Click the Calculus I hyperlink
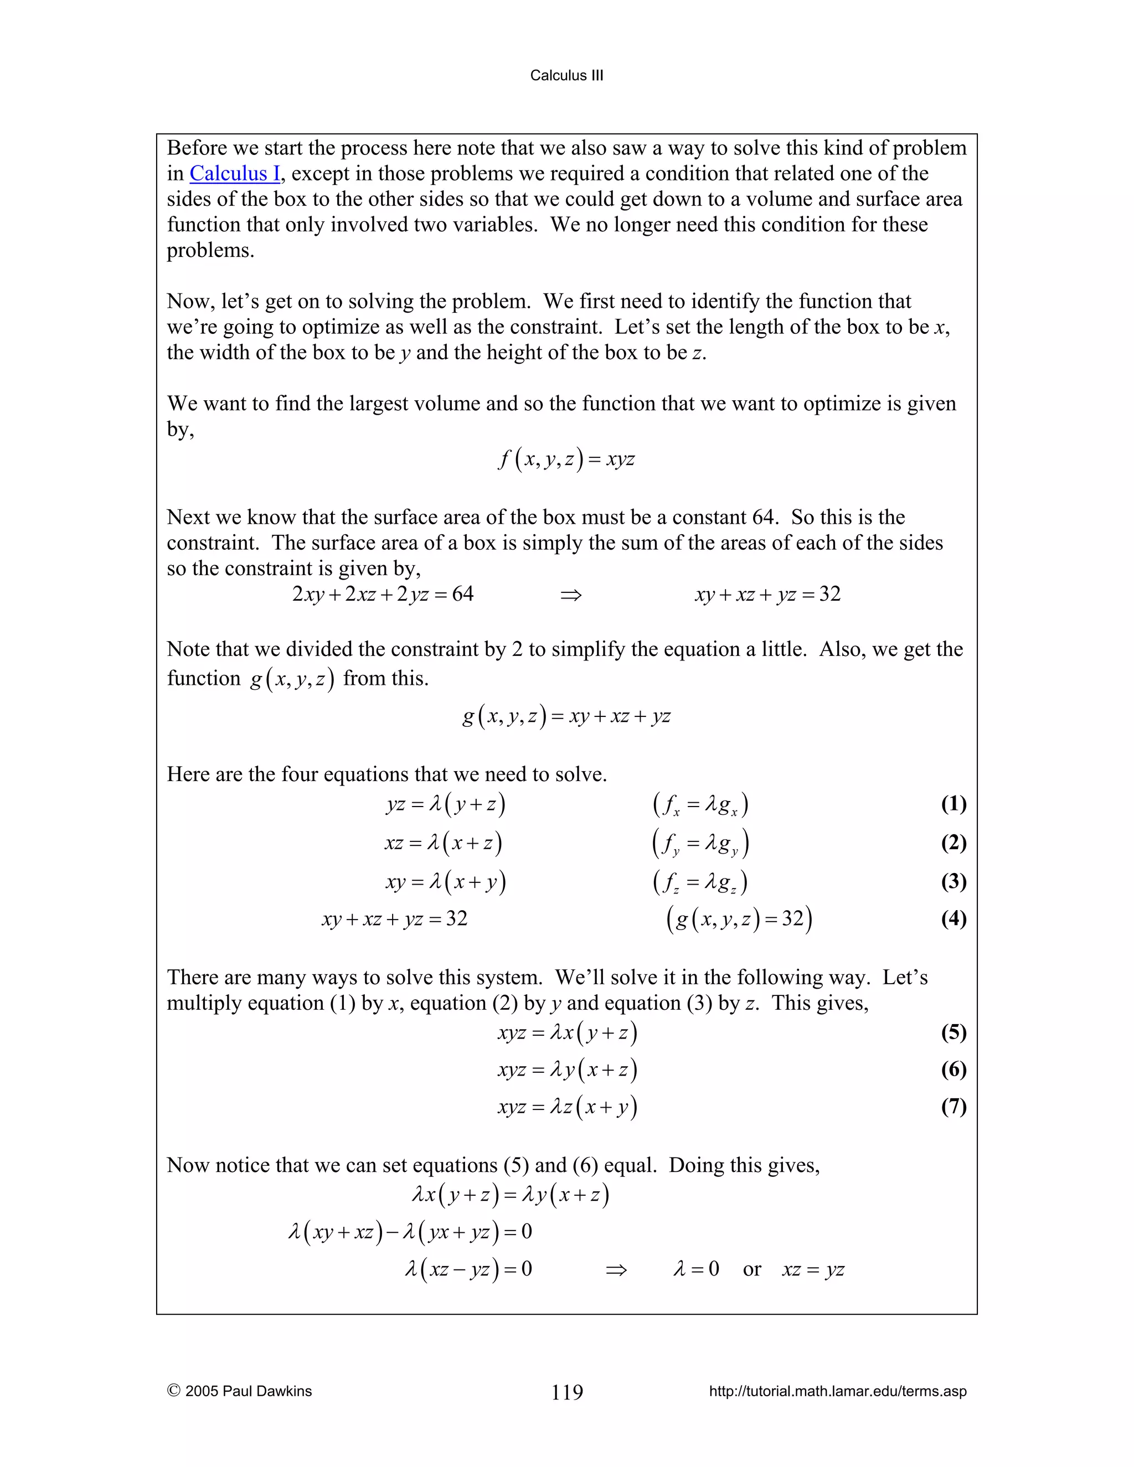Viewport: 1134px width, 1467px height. point(234,173)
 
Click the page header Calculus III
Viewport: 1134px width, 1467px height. point(566,75)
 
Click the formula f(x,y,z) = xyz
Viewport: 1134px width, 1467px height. point(566,459)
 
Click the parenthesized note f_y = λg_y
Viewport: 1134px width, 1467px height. point(700,844)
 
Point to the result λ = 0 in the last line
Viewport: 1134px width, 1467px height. point(696,1269)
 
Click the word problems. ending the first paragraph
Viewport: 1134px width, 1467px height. point(210,251)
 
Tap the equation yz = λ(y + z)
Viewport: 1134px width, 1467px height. point(445,804)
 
